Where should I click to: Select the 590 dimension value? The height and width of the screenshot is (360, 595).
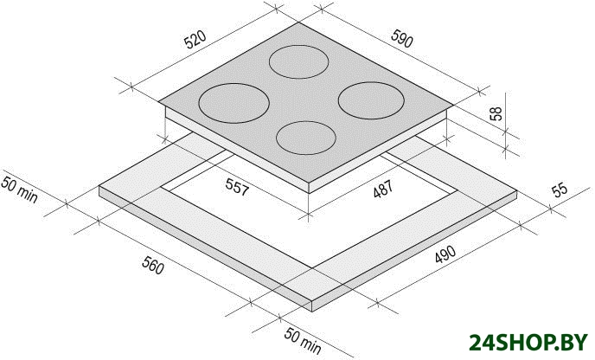tap(402, 39)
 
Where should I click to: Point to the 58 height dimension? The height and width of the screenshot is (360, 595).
tap(496, 113)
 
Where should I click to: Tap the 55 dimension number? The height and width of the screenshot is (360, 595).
tap(560, 190)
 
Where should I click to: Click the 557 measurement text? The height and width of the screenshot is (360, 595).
tap(237, 186)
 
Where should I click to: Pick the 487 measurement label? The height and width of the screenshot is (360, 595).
tap(383, 189)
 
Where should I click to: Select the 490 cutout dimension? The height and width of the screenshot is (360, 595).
tap(445, 254)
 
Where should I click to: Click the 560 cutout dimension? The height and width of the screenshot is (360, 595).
tap(153, 265)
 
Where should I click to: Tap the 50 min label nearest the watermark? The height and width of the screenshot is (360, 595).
tap(303, 341)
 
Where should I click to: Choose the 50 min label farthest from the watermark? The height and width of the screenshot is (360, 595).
tap(19, 190)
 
